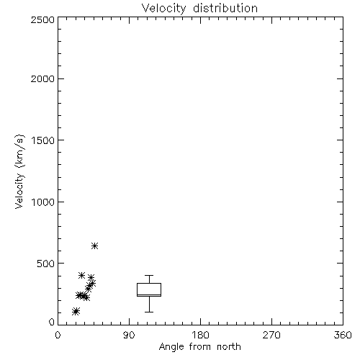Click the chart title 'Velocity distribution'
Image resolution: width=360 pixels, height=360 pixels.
199,9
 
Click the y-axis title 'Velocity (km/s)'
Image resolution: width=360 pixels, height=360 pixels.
19,171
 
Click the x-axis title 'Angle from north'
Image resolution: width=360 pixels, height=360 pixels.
199,347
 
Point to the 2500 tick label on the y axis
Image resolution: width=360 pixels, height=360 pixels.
42,19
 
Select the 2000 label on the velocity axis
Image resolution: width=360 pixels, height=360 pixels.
42,78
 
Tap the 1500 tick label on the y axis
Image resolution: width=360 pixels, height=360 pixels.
43,140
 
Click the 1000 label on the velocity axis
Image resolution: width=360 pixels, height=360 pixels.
43,202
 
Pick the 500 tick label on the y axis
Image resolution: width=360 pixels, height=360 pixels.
46,264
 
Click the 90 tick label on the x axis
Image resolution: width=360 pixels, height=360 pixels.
129,335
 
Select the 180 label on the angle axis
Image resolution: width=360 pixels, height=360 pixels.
200,335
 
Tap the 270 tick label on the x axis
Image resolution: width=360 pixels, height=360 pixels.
271,335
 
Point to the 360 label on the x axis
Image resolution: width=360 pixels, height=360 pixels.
343,335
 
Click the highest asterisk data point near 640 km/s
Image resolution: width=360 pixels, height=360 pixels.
94,246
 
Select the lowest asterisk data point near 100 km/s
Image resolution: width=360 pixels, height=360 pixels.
76,311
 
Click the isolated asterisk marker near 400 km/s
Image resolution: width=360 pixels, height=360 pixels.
81,275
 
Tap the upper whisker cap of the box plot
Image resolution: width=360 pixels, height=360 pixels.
149,276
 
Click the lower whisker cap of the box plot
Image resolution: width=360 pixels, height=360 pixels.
149,312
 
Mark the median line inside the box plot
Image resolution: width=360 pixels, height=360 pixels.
149,294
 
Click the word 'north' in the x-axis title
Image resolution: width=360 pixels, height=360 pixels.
229,347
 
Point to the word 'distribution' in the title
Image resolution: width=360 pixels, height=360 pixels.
225,9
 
